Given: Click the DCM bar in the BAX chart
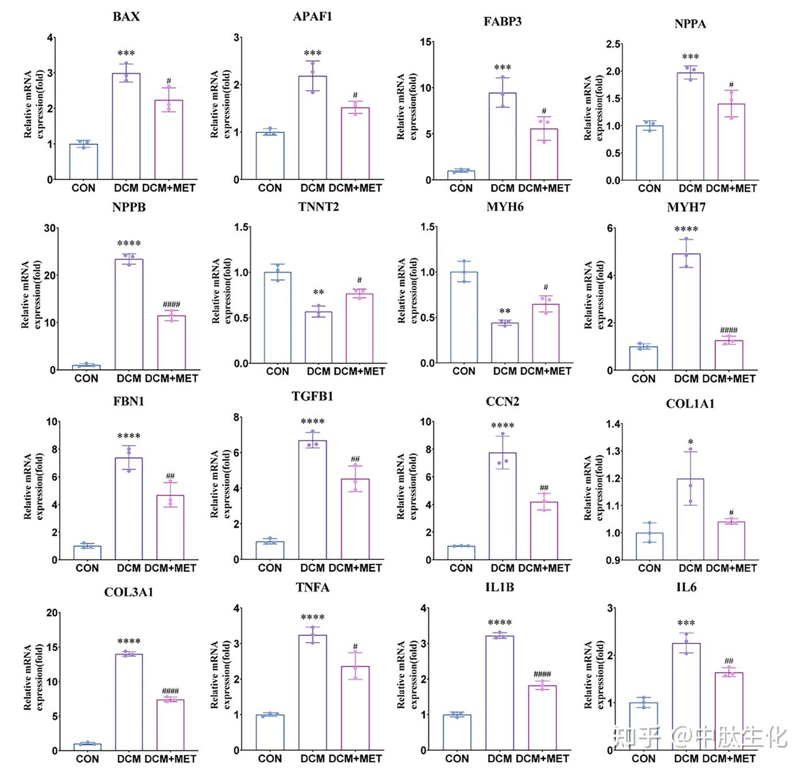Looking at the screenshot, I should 126,127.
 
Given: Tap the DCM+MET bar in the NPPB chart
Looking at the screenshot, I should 171,343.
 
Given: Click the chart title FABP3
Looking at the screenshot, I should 502,22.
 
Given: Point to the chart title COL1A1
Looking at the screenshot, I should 690,404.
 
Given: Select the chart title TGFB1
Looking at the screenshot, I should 312,397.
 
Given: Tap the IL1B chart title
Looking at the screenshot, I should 499,588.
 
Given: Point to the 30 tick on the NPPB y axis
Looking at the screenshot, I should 50,228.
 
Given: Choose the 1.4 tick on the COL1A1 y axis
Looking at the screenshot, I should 613,424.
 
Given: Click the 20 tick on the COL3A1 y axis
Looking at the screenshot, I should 52,613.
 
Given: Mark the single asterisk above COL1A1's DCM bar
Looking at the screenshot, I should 691,443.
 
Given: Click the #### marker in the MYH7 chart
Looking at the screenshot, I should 729,330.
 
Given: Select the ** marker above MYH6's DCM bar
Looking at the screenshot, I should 505,311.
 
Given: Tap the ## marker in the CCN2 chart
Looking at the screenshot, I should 544,487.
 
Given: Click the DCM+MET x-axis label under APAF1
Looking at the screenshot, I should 355,188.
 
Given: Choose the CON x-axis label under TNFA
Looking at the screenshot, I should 270,758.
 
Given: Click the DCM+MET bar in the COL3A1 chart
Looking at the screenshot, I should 170,725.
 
